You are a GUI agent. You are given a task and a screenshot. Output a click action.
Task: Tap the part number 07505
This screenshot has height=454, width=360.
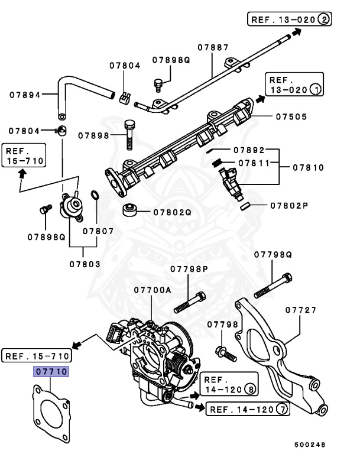291,117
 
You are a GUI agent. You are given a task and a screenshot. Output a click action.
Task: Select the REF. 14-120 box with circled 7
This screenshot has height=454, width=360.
248,409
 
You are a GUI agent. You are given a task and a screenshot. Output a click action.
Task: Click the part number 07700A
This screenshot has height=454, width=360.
152,290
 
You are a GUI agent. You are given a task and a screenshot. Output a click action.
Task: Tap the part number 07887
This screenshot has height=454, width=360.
212,46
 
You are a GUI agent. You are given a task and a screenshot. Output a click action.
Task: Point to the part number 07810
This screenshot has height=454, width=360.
308,168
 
